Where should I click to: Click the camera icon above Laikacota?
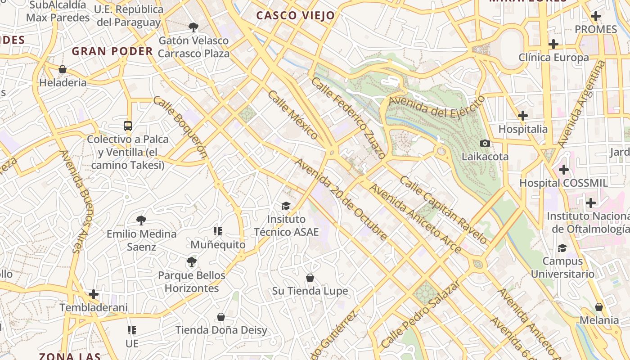[x=485, y=143]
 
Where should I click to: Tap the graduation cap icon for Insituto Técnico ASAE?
[x=286, y=206]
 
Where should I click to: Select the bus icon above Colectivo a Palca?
[x=128, y=126]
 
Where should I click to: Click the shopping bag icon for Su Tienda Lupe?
[x=310, y=278]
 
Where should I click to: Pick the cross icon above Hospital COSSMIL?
[x=563, y=170]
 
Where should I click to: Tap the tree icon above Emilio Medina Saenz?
[x=141, y=220]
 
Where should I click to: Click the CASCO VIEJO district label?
[x=296, y=16]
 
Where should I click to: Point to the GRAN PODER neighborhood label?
[x=112, y=51]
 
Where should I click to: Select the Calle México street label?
[x=293, y=114]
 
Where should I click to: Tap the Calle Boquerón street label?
[x=180, y=127]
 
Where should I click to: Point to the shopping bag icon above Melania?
[x=598, y=307]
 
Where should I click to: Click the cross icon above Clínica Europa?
[x=553, y=44]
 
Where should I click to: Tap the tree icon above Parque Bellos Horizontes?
[x=192, y=261]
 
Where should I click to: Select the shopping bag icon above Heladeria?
[x=63, y=69]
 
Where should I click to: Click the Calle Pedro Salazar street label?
[x=421, y=314]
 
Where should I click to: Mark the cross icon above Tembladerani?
[x=94, y=294]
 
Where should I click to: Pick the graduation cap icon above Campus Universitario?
[x=562, y=248]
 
